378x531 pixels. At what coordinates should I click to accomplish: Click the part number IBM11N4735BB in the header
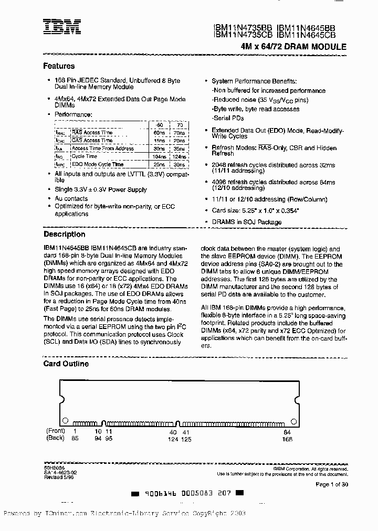click(243, 27)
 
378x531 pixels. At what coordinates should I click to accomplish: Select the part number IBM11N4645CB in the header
click(306, 35)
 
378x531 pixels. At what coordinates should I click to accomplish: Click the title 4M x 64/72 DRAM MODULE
click(293, 47)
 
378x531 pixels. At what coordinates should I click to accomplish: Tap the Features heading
click(59, 66)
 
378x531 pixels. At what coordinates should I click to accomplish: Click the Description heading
click(64, 235)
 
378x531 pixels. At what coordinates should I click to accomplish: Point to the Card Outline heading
click(66, 364)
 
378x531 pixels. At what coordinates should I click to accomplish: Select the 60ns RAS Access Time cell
click(160, 133)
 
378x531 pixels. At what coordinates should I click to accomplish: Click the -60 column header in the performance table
click(160, 125)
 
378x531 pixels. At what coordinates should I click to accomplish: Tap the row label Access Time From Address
click(102, 148)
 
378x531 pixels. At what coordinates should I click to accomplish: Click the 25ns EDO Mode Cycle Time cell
click(160, 164)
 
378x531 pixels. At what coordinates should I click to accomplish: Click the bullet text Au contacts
click(71, 198)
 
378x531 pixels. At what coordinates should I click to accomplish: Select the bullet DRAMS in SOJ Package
click(246, 222)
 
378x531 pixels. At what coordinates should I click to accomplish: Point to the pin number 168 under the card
click(287, 439)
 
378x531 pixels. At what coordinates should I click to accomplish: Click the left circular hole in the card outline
click(65, 420)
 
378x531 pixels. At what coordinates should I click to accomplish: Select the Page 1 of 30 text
click(332, 484)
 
